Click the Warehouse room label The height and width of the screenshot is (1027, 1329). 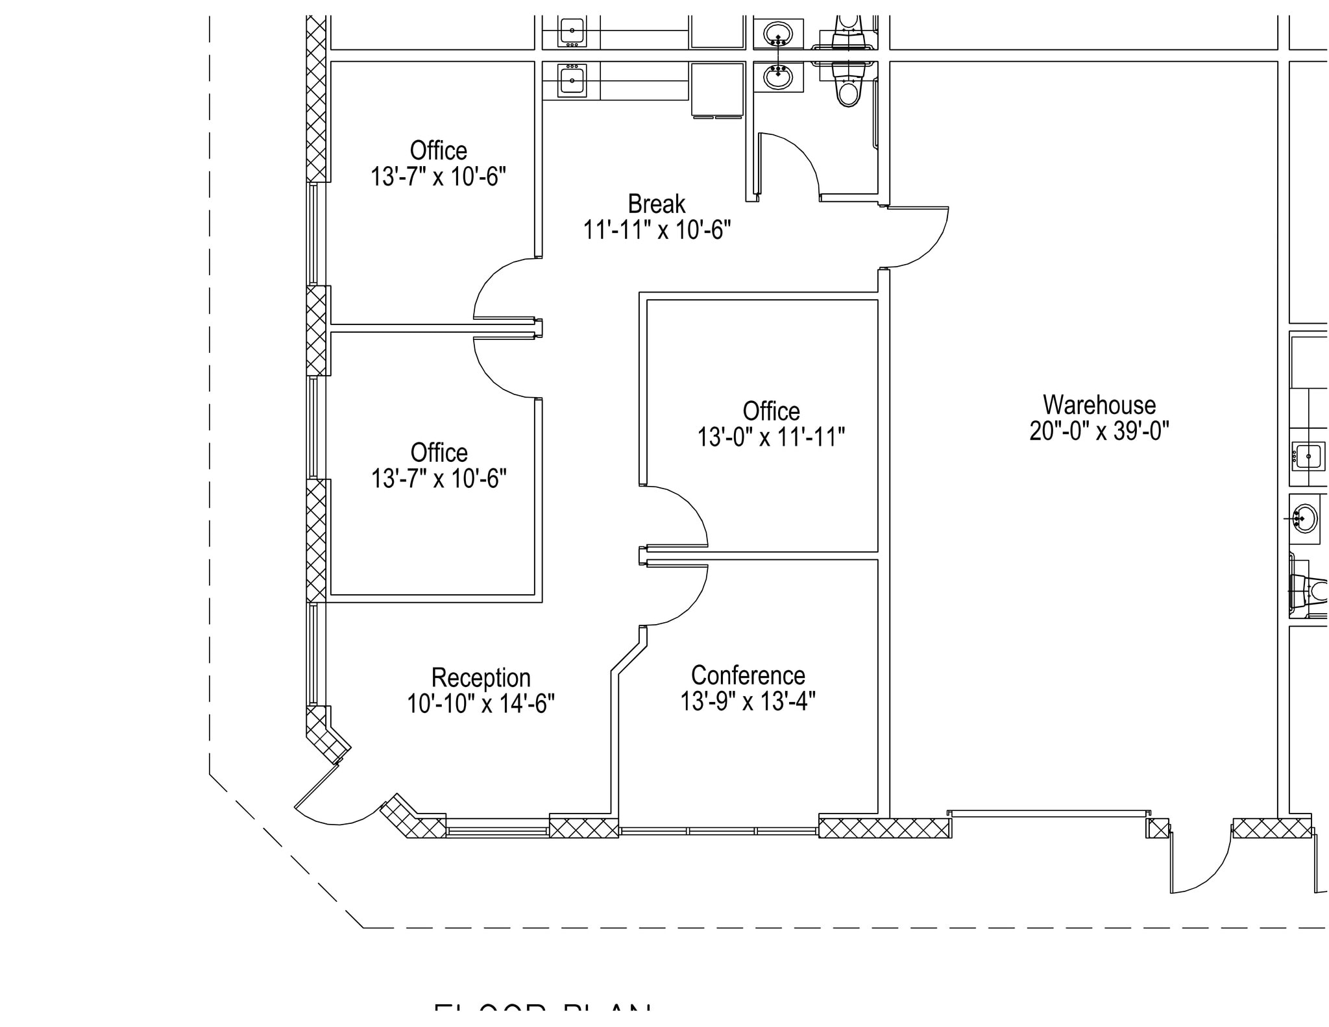point(1099,405)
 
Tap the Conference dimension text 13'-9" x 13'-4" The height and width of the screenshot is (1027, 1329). point(748,701)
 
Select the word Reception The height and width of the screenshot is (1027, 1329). point(481,677)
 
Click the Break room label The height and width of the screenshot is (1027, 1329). point(656,204)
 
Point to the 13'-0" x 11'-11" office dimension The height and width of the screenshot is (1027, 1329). point(771,437)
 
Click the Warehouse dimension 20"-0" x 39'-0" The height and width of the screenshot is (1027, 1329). point(1099,431)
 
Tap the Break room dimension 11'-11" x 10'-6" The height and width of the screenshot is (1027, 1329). point(656,230)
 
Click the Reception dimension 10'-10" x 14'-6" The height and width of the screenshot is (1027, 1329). point(481,703)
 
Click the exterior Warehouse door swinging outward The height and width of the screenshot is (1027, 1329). point(1207,869)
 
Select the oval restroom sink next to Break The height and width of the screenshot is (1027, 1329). point(777,77)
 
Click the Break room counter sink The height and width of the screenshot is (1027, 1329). point(572,80)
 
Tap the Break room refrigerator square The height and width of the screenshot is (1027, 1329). point(717,88)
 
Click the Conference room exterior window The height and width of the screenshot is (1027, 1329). point(718,830)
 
